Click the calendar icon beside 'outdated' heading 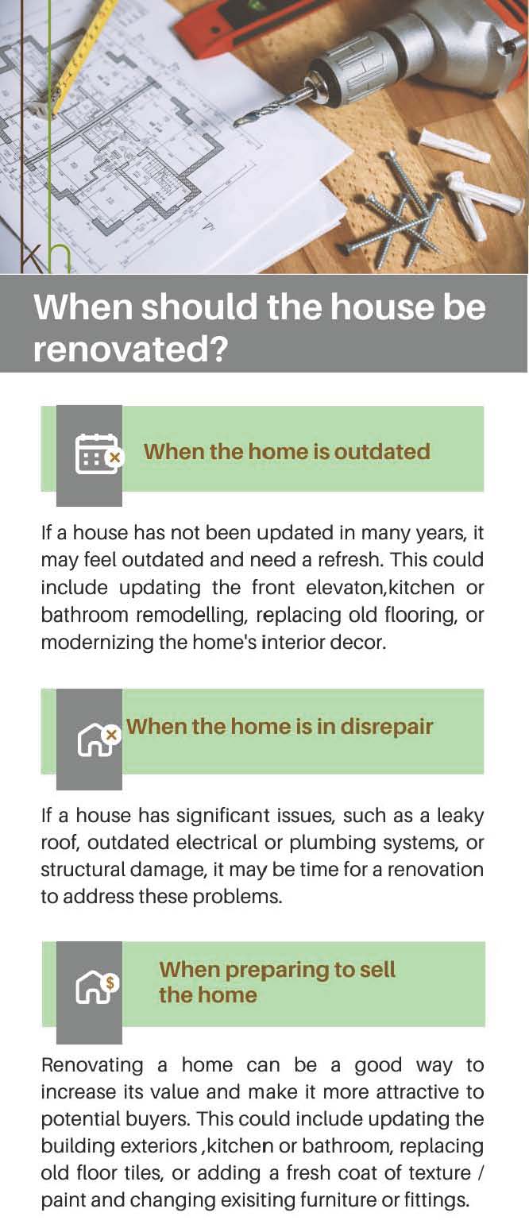pyautogui.click(x=98, y=454)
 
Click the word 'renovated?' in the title pyautogui.click(x=130, y=349)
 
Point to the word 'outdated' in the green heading pyautogui.click(x=382, y=452)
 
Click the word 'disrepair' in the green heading pyautogui.click(x=387, y=727)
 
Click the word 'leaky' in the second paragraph pyautogui.click(x=460, y=816)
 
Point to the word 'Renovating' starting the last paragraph pyautogui.click(x=92, y=1064)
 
